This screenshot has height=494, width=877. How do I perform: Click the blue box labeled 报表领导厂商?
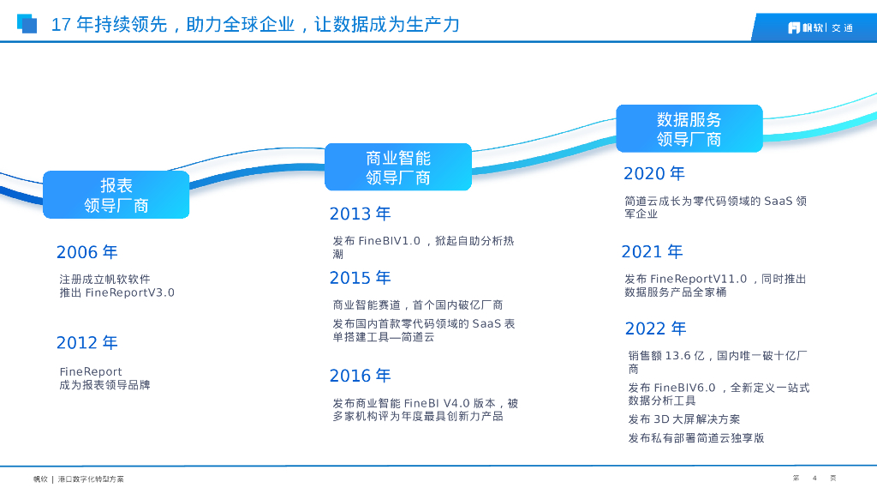coord(116,195)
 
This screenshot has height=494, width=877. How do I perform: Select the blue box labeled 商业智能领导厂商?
coord(398,167)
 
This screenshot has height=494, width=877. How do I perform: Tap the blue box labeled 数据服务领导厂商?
coord(689,129)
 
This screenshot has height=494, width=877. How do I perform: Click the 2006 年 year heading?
coord(87,252)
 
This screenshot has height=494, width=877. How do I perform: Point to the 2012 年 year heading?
coord(87,342)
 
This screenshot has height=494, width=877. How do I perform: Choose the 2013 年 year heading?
coord(360,214)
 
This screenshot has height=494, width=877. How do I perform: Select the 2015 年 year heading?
coord(360,277)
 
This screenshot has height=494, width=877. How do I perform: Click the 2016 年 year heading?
coord(360,376)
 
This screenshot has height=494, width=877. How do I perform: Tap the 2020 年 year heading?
coord(653,173)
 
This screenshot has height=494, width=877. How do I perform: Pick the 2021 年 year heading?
coord(652,251)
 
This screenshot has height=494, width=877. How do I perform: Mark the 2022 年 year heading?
coord(655,328)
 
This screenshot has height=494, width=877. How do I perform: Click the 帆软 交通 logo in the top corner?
coord(820,27)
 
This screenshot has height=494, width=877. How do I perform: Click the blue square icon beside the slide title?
coord(27,23)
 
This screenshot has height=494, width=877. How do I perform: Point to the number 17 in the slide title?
coord(61,25)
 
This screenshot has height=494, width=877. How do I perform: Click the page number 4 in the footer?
coord(814,479)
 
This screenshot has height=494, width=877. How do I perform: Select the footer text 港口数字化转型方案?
coord(91,479)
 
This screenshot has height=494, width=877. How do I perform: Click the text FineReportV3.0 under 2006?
coord(130,292)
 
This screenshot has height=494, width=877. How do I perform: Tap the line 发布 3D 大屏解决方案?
coord(684,419)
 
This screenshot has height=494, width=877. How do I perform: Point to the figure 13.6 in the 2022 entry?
coord(677,356)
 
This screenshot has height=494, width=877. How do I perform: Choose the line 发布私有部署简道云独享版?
coord(696,438)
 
